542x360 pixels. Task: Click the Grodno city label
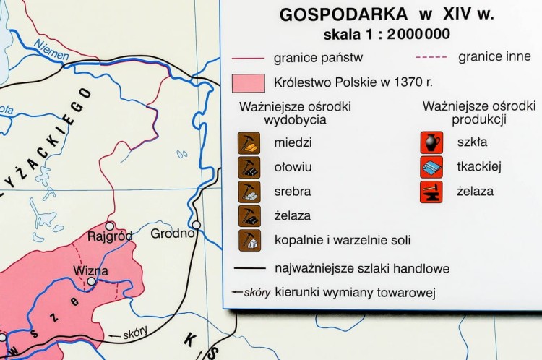(172, 233)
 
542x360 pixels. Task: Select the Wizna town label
(91, 270)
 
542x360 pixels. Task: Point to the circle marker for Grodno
(197, 225)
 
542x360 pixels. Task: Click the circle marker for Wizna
(91, 282)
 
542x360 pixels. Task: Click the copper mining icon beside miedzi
(249, 142)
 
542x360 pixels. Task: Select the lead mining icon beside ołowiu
(249, 167)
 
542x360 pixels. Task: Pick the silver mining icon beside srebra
(249, 192)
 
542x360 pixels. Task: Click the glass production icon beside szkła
(431, 142)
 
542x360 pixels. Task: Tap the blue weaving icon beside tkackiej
(431, 167)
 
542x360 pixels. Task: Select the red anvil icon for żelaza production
(431, 192)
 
